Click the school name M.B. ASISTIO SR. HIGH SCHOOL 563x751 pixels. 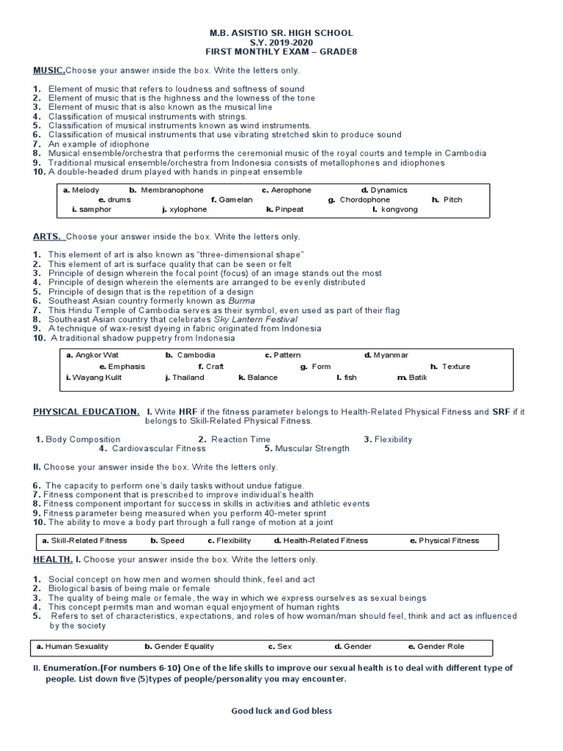point(281,33)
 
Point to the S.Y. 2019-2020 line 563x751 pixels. point(281,43)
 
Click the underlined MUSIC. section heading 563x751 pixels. point(49,70)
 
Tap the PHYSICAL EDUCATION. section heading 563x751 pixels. point(86,412)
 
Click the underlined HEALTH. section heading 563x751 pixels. point(52,560)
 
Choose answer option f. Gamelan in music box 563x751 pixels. point(231,199)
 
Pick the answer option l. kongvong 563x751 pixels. point(395,210)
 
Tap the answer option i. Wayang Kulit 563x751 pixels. point(93,378)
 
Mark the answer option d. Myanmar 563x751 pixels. point(386,355)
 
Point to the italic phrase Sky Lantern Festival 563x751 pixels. point(255,320)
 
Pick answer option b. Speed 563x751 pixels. point(167,541)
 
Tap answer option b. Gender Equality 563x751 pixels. point(180,647)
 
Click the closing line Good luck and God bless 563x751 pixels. point(281,711)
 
